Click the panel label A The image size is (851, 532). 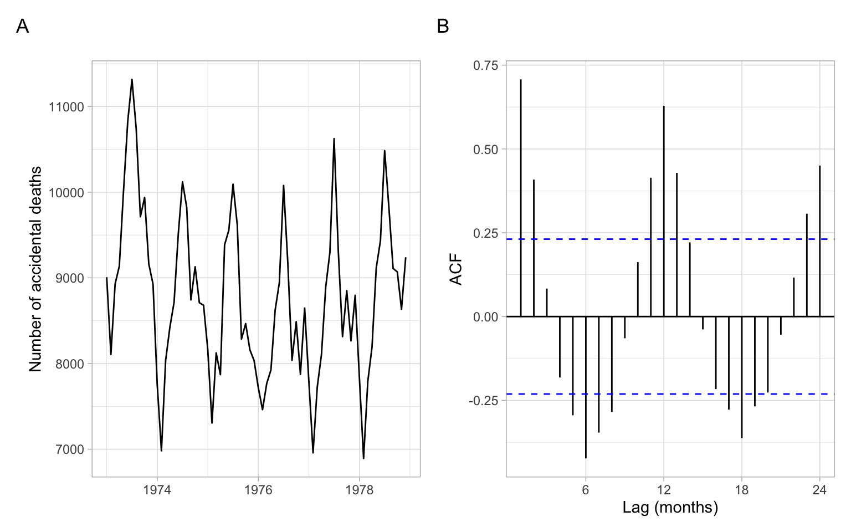[x=22, y=26]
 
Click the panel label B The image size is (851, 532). [x=443, y=26]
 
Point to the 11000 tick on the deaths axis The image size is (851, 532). [x=66, y=107]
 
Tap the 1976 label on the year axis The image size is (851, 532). [x=258, y=490]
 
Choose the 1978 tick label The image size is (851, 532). [x=359, y=490]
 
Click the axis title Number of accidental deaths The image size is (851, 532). [x=35, y=269]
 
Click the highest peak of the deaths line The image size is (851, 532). [x=132, y=80]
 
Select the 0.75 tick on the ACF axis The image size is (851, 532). [x=485, y=65]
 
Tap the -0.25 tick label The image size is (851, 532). [x=483, y=401]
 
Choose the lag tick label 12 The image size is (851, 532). [x=664, y=490]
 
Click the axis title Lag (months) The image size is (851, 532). [x=670, y=507]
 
